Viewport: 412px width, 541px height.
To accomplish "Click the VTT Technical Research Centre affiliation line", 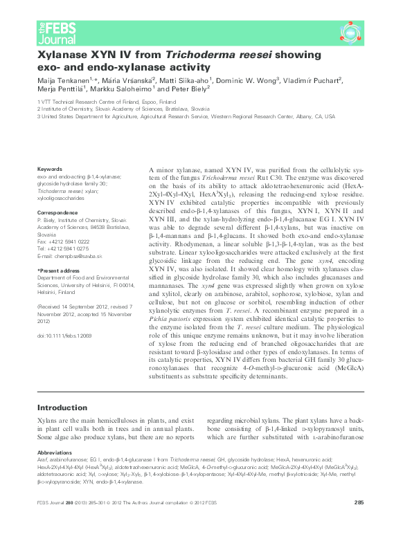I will click(107, 101).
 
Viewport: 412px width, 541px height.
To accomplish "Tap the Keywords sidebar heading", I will click(50, 169).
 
